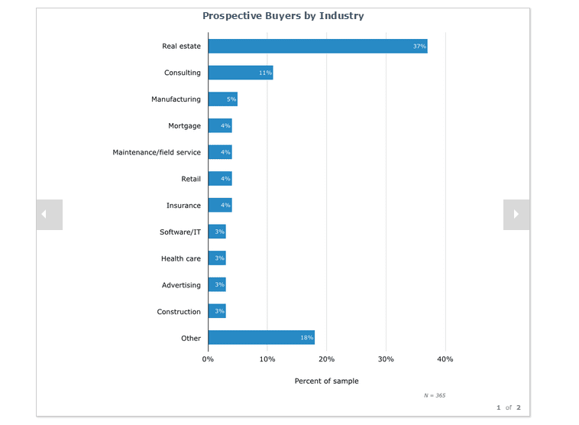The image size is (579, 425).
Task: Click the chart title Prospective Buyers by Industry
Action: coord(283,15)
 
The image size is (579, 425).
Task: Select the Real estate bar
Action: coord(317,47)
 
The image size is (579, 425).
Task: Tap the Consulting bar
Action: coord(240,73)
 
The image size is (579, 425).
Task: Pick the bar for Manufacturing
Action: coord(222,99)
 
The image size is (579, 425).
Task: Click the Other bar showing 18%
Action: coord(260,338)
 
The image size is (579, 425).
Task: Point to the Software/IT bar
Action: coord(217,232)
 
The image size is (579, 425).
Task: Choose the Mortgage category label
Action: coord(184,126)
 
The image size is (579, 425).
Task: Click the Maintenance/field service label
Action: coord(157,152)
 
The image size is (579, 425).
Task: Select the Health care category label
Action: coord(181,258)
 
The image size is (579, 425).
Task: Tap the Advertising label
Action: coord(181,285)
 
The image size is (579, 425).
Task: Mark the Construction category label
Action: coord(179,312)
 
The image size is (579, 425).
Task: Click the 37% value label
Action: coord(419,47)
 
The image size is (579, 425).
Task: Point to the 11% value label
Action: coord(265,73)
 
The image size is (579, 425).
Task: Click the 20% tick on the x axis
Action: coord(326,358)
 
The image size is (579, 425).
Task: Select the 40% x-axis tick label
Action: coord(445,358)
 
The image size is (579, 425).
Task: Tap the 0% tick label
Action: coord(208,358)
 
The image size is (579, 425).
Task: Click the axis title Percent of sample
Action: coord(326,381)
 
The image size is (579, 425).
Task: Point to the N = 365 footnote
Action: coord(435,395)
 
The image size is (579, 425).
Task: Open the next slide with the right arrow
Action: coord(516,215)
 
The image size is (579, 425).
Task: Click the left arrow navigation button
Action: coord(49,215)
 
